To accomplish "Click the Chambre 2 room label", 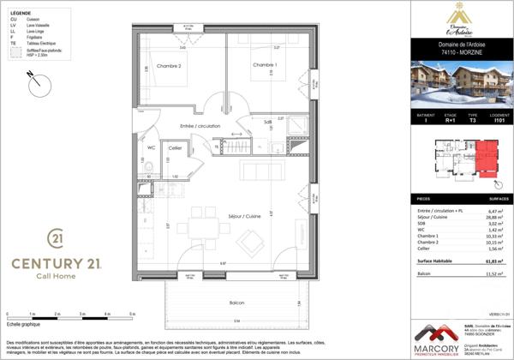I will click(168, 66).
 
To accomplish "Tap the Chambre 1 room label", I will click(265, 65).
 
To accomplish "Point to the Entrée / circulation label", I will click(200, 125).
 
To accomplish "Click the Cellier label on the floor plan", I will click(175, 148).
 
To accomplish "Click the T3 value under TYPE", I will click(472, 122).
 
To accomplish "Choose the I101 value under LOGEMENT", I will click(497, 122).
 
